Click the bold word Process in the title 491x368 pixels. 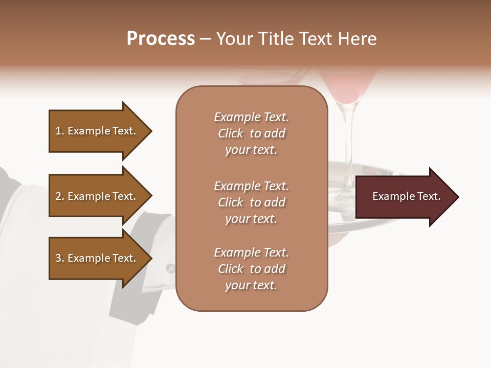click(x=161, y=39)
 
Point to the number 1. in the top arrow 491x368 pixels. click(x=60, y=131)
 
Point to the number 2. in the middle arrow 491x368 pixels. click(x=60, y=197)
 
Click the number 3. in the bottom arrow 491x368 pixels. click(x=60, y=259)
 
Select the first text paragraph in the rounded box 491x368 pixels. click(x=251, y=133)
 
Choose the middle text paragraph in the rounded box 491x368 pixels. click(x=251, y=202)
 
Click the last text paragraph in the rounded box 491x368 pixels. click(x=251, y=269)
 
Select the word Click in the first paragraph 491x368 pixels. click(x=231, y=134)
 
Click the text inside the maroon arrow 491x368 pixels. click(x=407, y=197)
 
